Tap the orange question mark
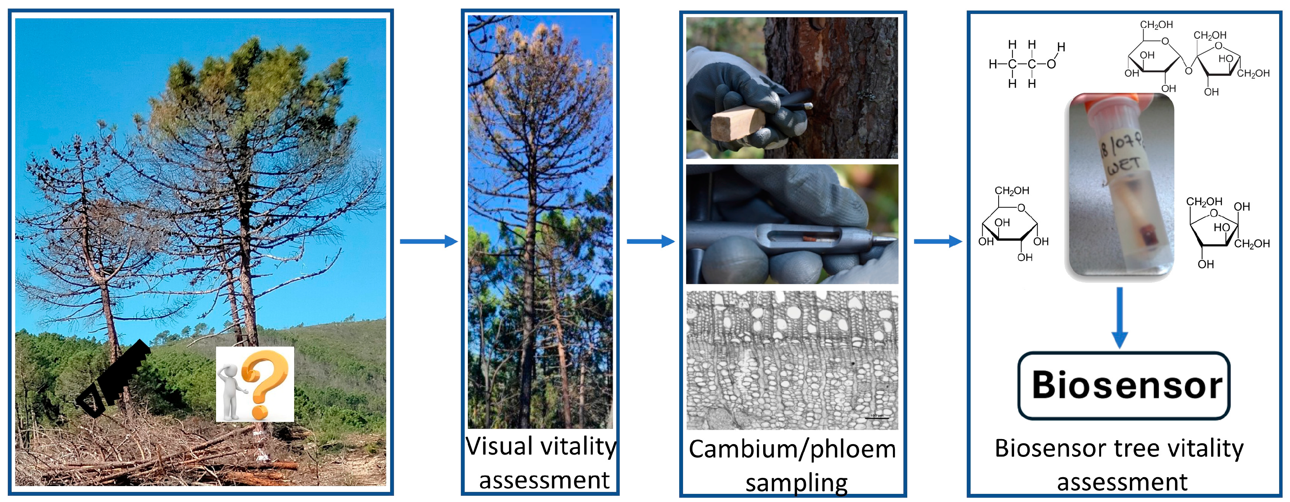point(264,383)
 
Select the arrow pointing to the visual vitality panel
point(429,242)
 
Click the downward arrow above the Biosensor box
point(1120,318)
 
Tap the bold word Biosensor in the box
point(1126,385)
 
